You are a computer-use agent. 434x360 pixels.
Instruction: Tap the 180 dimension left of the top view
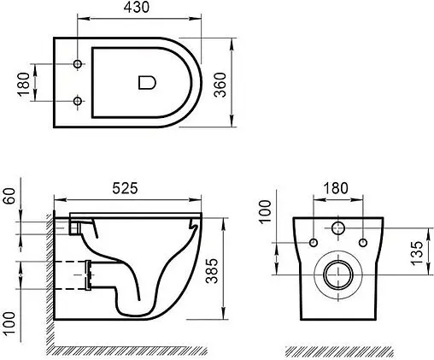pos(23,83)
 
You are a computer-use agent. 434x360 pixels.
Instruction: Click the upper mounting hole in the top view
pos(79,65)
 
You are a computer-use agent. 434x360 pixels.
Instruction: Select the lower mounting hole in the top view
pos(79,102)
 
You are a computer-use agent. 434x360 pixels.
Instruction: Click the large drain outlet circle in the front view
pos(337,276)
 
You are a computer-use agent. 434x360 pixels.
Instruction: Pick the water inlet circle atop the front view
pos(337,229)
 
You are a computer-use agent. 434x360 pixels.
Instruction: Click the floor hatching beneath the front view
pos(337,351)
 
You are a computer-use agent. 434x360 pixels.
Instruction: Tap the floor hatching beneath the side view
pos(128,351)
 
